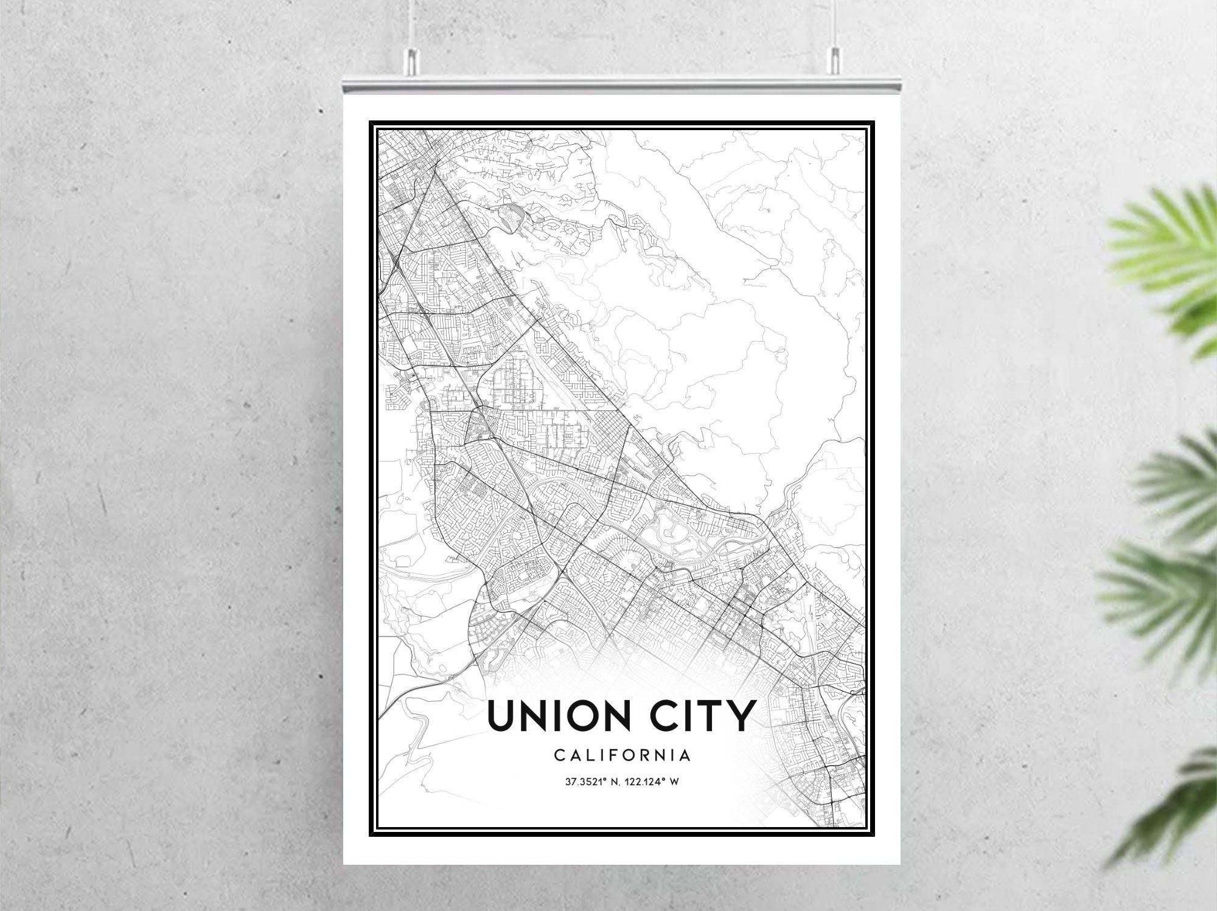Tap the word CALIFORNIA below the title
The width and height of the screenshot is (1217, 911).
622,755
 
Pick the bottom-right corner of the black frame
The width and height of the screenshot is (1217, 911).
874,836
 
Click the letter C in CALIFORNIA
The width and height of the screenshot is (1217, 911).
559,755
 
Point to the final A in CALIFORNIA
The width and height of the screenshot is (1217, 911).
686,755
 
